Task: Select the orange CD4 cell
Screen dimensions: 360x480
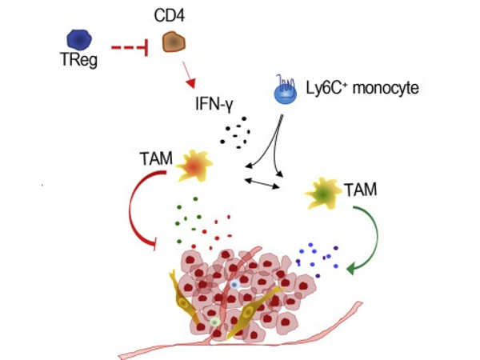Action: coord(174,42)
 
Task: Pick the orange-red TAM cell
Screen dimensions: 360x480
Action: coord(195,166)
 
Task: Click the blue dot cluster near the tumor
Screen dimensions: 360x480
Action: coord(318,257)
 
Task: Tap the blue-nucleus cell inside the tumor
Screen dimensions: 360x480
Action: coord(234,284)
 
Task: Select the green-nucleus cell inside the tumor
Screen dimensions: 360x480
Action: coord(214,322)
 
